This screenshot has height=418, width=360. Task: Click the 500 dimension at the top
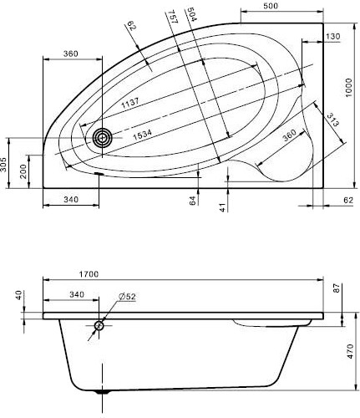click(x=271, y=6)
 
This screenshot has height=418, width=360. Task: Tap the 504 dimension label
click(x=192, y=14)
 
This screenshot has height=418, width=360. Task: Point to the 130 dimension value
click(x=333, y=37)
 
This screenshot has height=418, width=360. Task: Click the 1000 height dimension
click(x=349, y=87)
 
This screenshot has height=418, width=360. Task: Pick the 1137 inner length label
click(x=130, y=103)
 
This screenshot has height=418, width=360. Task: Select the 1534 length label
click(x=142, y=135)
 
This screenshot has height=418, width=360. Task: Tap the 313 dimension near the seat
click(x=332, y=120)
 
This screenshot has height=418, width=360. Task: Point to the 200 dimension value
click(x=23, y=172)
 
